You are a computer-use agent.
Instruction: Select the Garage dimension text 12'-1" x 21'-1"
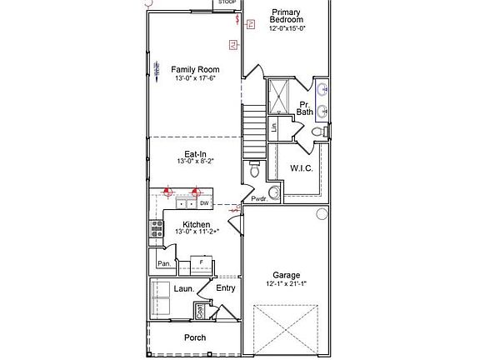click(x=286, y=285)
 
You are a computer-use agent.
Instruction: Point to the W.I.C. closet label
click(x=301, y=167)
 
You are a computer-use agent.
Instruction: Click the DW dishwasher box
click(x=203, y=202)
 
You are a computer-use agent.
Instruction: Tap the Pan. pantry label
click(x=164, y=263)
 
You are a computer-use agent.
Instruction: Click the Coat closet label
click(x=199, y=312)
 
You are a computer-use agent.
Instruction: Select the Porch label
click(x=195, y=337)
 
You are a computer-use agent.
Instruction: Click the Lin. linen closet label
click(x=273, y=127)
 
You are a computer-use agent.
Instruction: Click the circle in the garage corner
click(x=322, y=214)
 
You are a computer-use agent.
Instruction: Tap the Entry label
click(x=225, y=288)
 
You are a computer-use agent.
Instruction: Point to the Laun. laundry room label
click(x=183, y=288)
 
